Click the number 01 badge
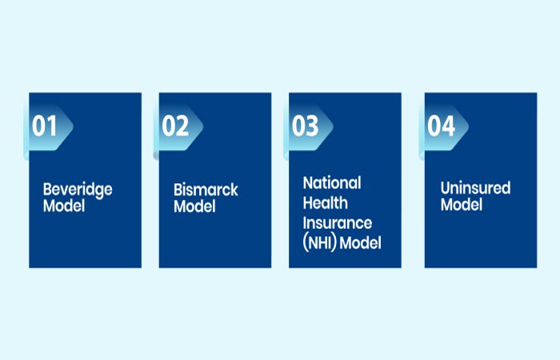48,126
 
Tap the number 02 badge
178,126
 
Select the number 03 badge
308,126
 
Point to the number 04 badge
444,126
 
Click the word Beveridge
78,190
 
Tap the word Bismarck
206,190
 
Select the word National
332,183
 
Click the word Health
325,203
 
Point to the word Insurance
337,223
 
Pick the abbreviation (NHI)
320,243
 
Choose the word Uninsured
475,188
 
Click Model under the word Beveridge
64,206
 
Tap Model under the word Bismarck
194,206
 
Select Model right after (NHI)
360,243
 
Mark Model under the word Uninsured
462,205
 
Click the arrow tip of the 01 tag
74,126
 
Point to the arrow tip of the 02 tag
203,126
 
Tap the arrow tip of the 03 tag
334,126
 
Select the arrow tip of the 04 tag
469,126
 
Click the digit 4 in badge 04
448,126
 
